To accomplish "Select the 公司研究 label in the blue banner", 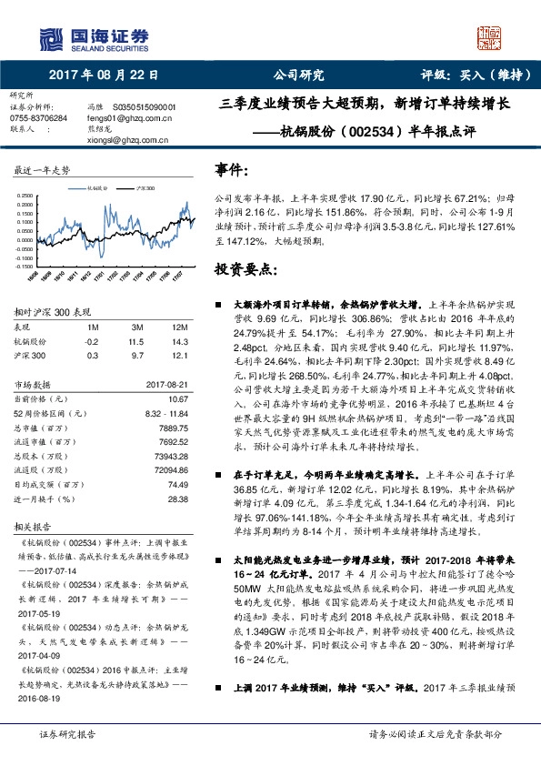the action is coord(299,76).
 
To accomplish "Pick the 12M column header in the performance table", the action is coord(178,327).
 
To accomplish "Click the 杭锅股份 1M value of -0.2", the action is coord(92,341).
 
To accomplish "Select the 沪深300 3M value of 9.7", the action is coord(137,355).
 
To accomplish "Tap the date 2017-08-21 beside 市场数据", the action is coord(168,385).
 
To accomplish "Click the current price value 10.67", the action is coord(176,398).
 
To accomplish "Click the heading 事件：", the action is coord(233,169).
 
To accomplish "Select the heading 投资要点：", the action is coord(245,270).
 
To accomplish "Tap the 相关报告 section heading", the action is coord(36,526).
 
